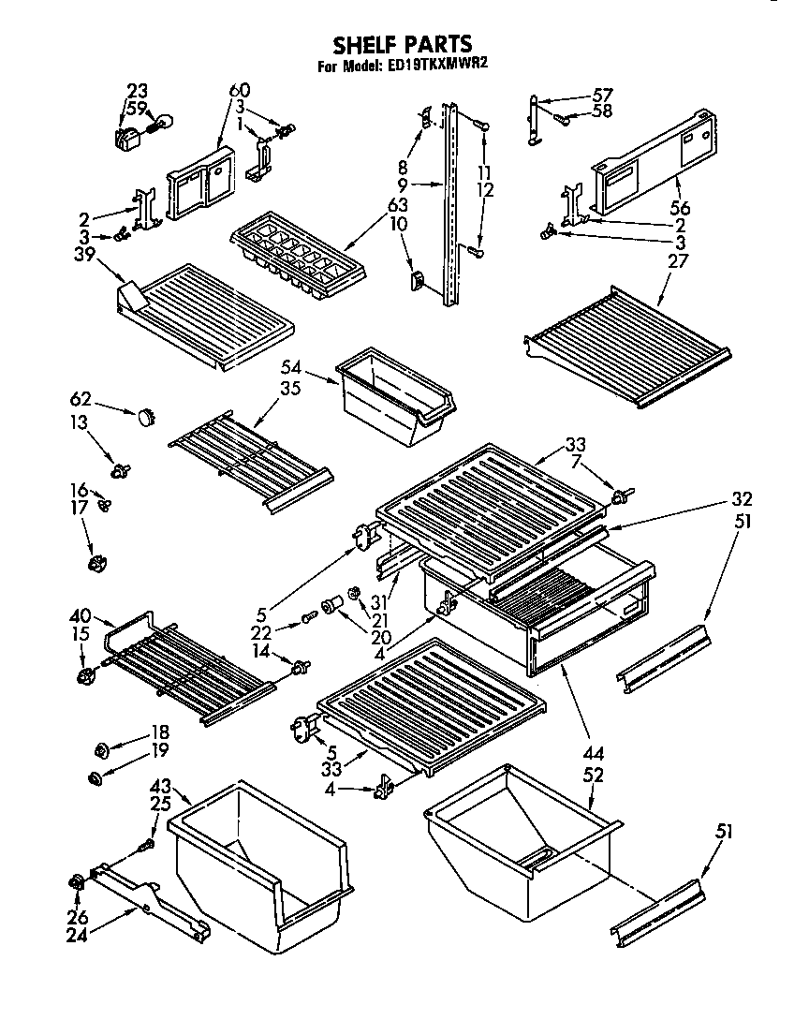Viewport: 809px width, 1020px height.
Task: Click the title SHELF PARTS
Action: [404, 44]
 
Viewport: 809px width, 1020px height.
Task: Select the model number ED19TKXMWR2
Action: [439, 67]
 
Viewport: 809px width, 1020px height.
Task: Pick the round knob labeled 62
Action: [145, 415]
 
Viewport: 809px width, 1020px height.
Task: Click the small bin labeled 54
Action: [392, 392]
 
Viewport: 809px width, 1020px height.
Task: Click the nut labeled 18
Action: [101, 749]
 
